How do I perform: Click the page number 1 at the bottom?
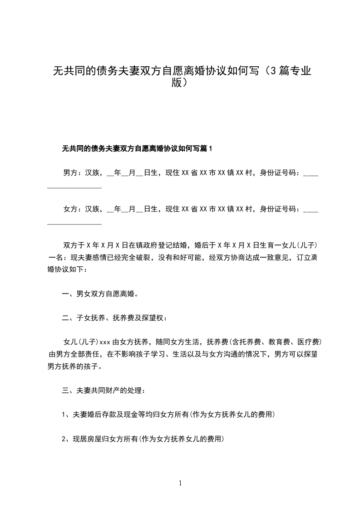point(181,483)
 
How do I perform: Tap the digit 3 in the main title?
point(271,71)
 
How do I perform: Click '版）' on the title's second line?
point(180,83)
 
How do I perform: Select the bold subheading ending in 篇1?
point(137,148)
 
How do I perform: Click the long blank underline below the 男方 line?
point(74,187)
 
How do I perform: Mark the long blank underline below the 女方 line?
point(74,223)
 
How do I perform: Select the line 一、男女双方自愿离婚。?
point(100,294)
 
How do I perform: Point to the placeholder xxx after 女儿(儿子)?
point(105,342)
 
